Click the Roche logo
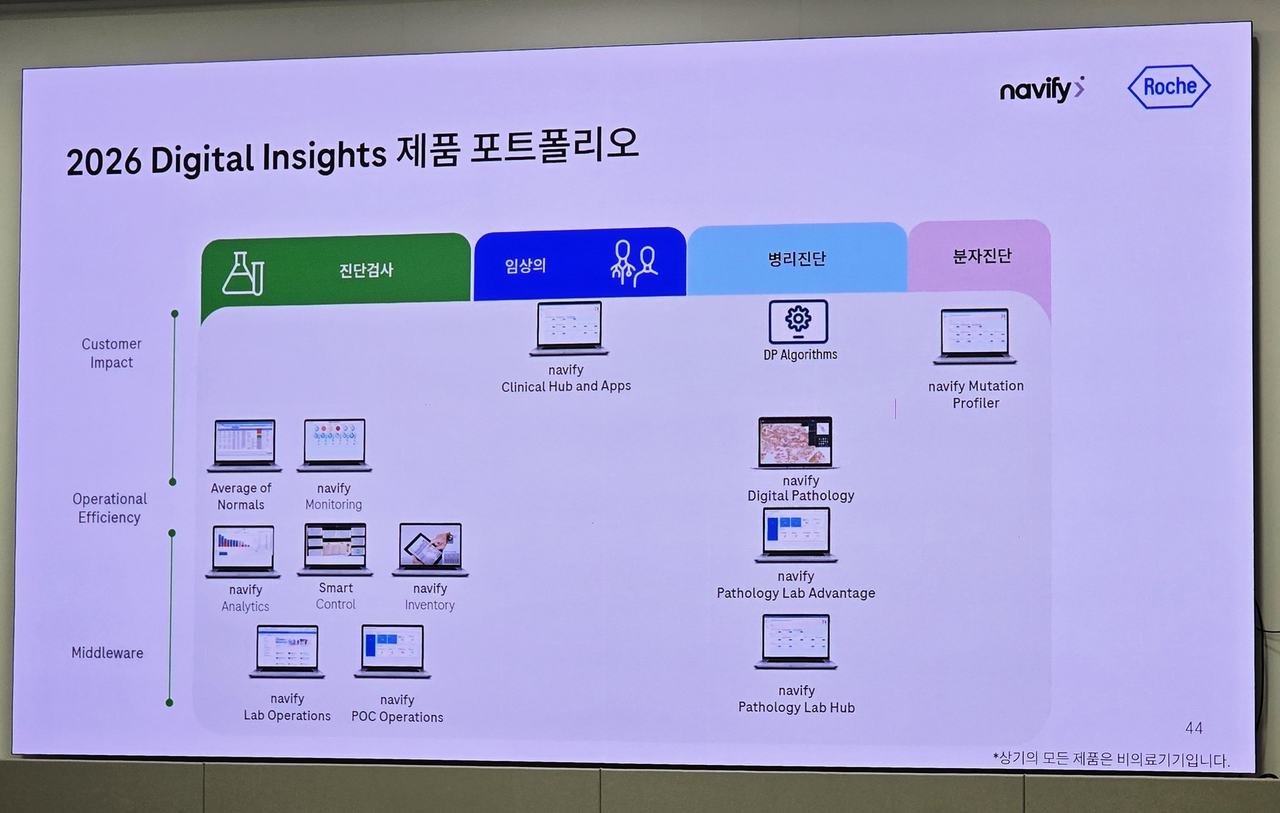click(x=1169, y=86)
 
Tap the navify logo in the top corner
click(x=1042, y=90)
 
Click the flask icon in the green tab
click(x=243, y=273)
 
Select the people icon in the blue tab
click(x=634, y=263)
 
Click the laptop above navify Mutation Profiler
click(x=975, y=336)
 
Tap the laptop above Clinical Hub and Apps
click(x=568, y=328)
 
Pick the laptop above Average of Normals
click(x=244, y=445)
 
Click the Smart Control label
click(x=335, y=596)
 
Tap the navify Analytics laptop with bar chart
click(x=243, y=551)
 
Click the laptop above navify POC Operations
click(x=392, y=651)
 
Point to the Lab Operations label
click(x=287, y=716)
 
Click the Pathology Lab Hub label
click(x=797, y=707)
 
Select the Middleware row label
click(x=108, y=653)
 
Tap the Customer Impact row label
click(x=111, y=353)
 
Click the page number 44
click(x=1194, y=728)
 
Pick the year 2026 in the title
click(x=104, y=162)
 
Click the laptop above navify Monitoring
click(x=335, y=445)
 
